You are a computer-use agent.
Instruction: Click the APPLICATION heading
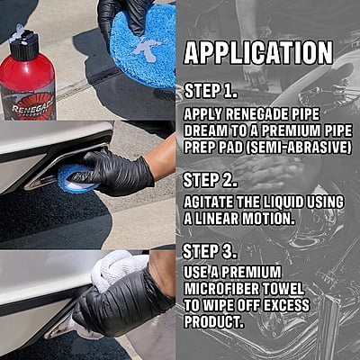click(258, 53)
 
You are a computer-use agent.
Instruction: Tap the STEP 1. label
click(210, 92)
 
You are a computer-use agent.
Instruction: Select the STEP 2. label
click(210, 181)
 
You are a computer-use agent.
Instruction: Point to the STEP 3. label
click(210, 251)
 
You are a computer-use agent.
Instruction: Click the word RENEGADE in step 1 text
click(256, 115)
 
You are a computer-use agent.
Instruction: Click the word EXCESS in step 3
click(286, 305)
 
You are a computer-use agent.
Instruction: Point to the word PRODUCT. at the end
click(213, 322)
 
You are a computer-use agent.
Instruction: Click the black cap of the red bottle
click(24, 45)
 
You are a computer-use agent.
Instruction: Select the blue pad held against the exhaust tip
click(77, 178)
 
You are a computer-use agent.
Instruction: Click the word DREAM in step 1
click(205, 131)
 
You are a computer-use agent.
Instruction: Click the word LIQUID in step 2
click(284, 202)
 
